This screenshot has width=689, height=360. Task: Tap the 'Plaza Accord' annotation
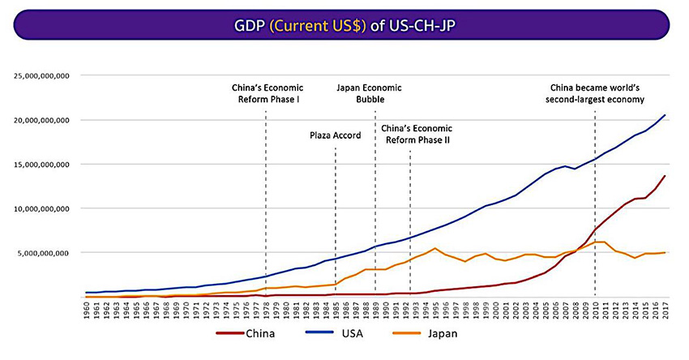(335, 135)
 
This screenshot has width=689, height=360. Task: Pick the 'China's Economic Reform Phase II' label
(416, 134)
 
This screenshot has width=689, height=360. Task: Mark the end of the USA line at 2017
(665, 115)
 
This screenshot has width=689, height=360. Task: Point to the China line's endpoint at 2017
(665, 176)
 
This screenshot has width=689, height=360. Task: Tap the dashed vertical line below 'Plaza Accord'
(336, 219)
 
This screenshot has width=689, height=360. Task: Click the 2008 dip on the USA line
(574, 169)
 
